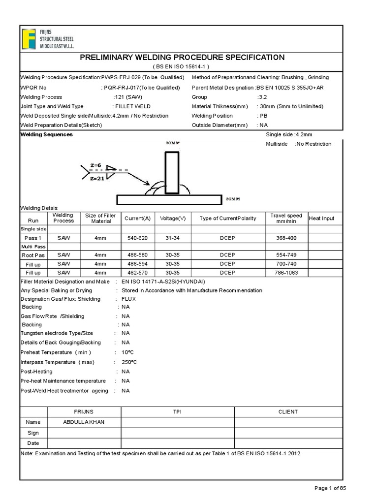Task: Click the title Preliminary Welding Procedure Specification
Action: coord(182,58)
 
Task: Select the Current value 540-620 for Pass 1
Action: coord(137,238)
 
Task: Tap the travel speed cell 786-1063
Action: coord(286,272)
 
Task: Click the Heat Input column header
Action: coord(321,218)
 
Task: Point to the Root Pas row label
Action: coord(33,255)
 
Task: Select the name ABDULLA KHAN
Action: coord(84,422)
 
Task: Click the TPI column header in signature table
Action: coord(178,411)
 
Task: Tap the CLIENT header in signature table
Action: coord(288,411)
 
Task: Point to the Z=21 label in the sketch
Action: coord(97,179)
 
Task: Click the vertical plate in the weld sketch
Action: coord(172,172)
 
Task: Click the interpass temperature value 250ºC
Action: coord(129,362)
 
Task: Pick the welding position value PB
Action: coord(263,116)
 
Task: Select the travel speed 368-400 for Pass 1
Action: coord(286,238)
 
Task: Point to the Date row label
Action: coord(33,443)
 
